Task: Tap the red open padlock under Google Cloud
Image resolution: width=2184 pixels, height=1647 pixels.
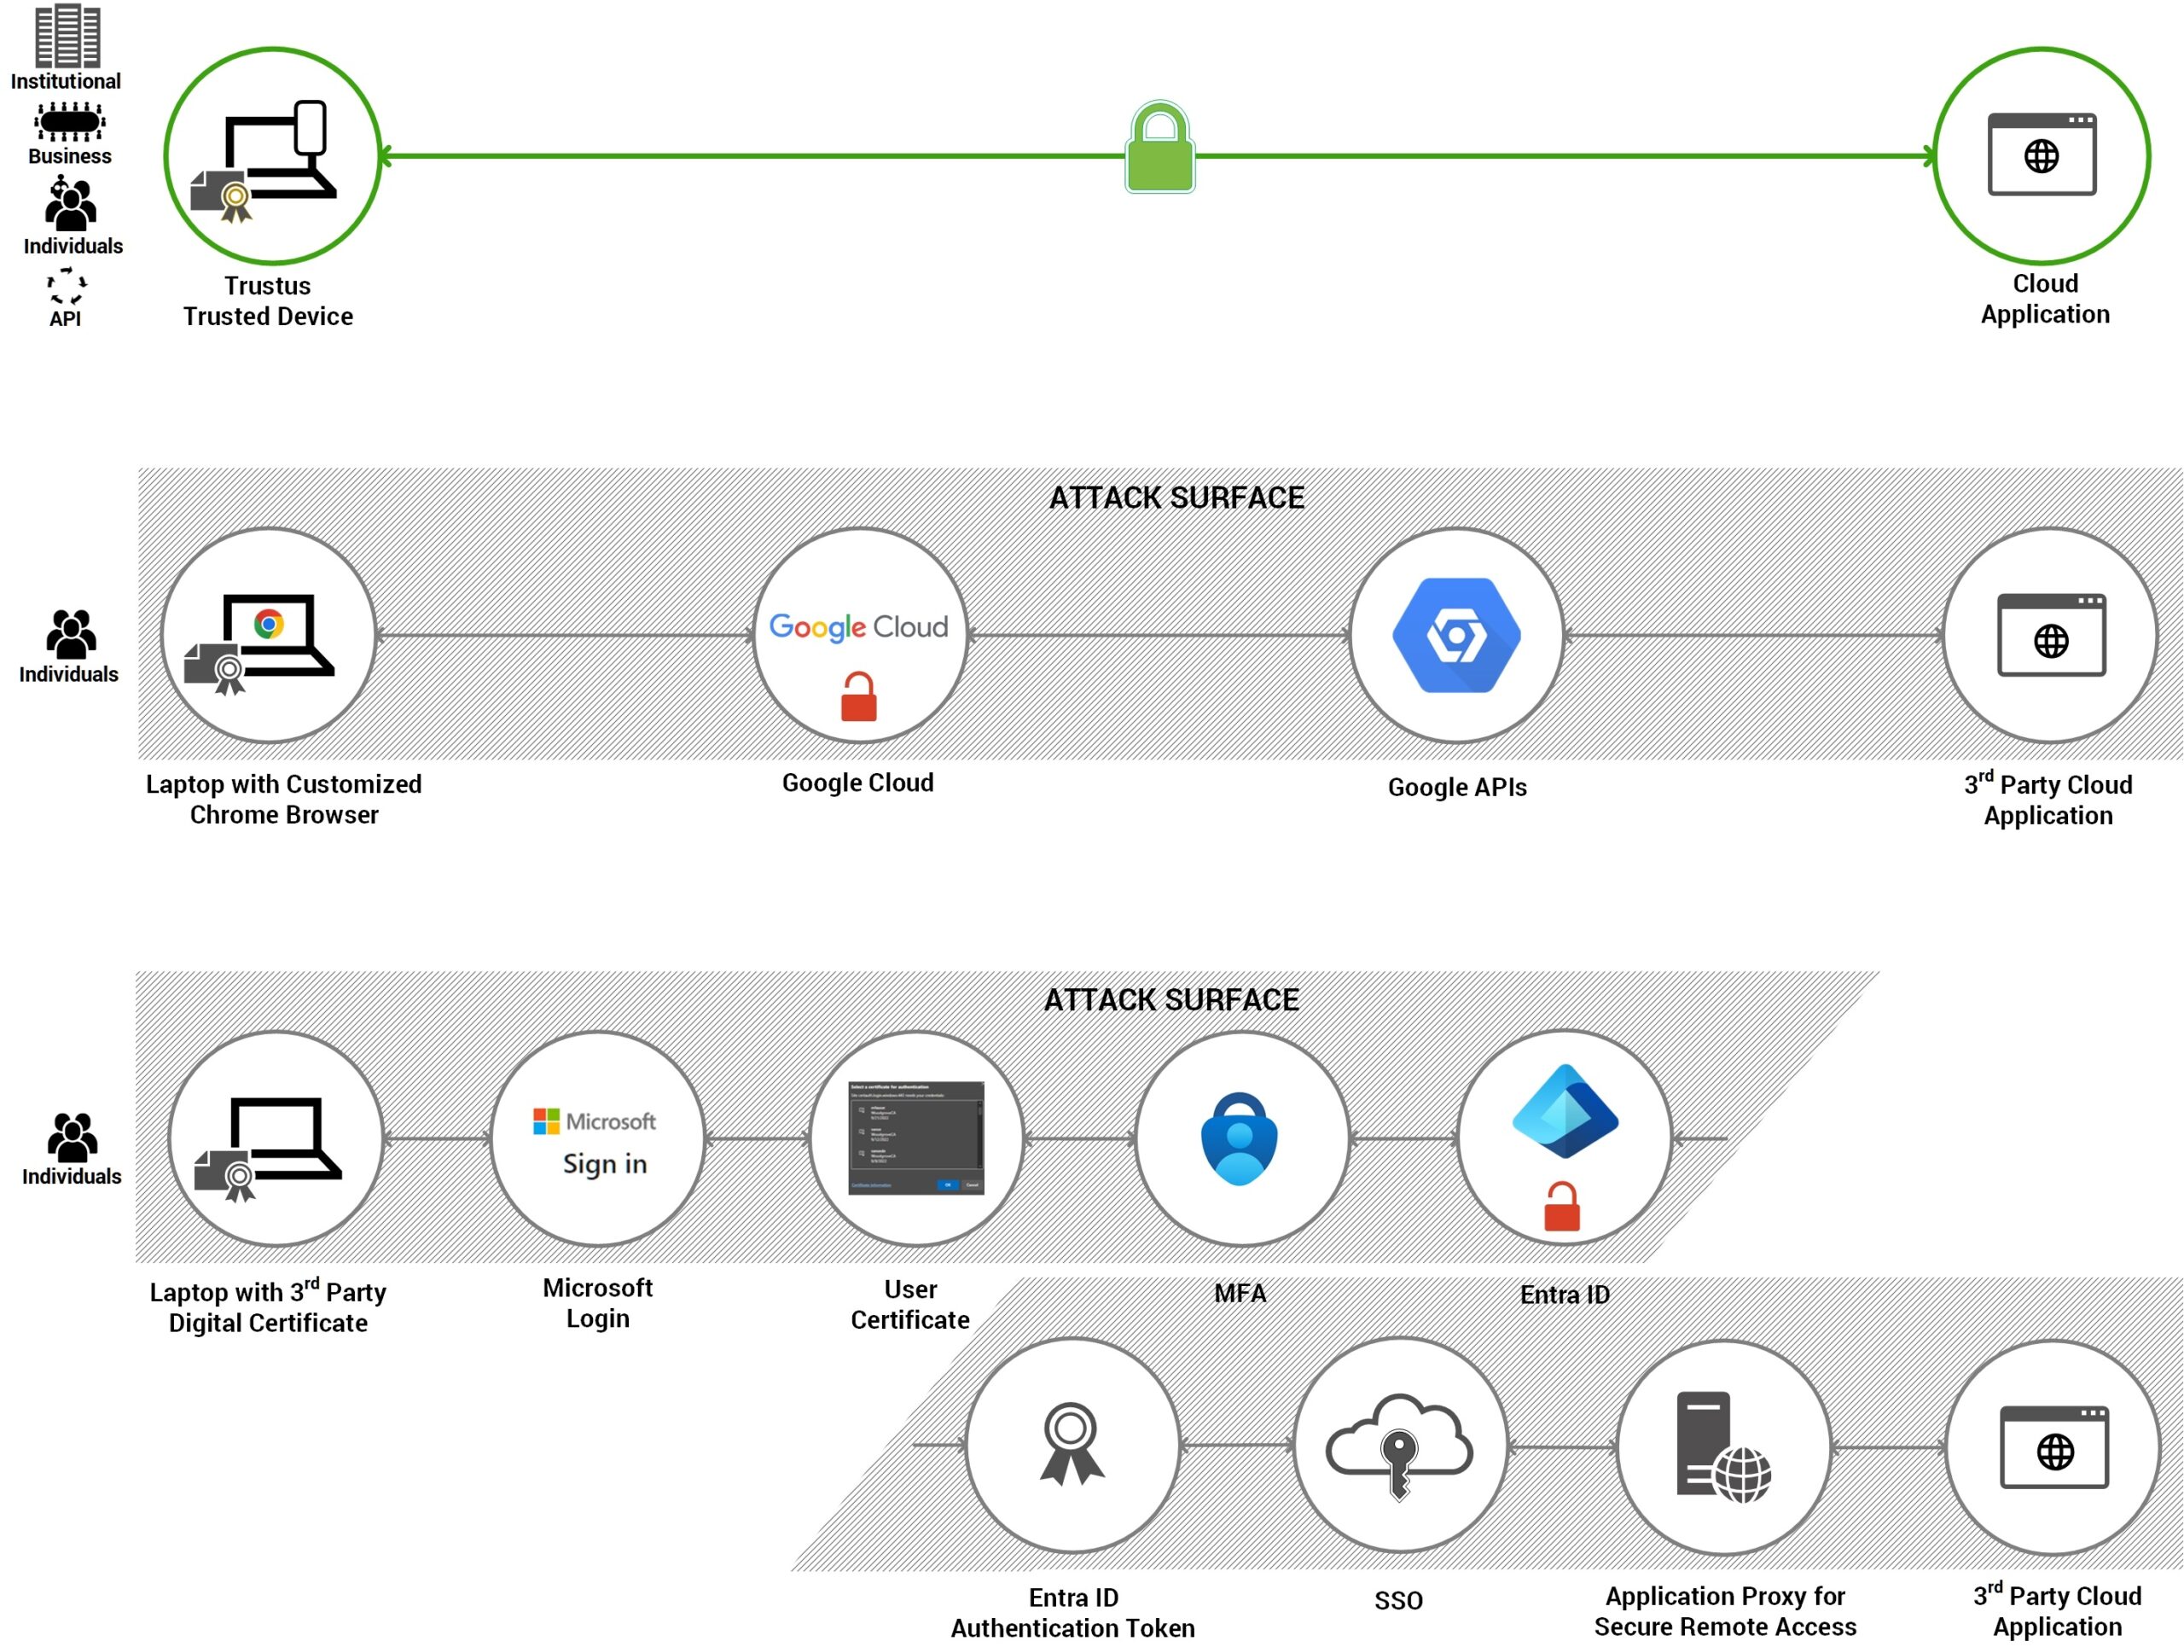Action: tap(858, 697)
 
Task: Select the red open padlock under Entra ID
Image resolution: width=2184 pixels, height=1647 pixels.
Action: tap(1562, 1207)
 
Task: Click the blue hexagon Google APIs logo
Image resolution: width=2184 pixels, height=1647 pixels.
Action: tap(1456, 635)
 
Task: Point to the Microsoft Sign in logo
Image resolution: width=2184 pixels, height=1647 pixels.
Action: tap(595, 1143)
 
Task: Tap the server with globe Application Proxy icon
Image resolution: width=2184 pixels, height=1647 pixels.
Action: tap(1723, 1447)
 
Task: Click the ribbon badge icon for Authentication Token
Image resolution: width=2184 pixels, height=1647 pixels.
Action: tap(1072, 1444)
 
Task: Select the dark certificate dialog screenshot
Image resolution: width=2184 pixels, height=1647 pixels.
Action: tap(915, 1138)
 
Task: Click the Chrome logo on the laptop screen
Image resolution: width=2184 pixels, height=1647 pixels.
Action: tap(269, 624)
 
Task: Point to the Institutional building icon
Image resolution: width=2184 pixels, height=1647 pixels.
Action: tap(67, 36)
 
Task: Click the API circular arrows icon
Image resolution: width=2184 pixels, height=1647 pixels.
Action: tap(67, 285)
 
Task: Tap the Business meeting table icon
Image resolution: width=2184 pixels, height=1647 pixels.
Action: tap(69, 122)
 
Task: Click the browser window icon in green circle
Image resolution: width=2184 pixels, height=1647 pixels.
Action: tap(2041, 155)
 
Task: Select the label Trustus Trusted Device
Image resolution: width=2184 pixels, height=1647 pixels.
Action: tap(268, 300)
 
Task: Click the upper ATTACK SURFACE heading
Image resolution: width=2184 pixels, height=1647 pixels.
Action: tap(1176, 498)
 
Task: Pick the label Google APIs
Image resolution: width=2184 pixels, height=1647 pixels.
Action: tap(1456, 787)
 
